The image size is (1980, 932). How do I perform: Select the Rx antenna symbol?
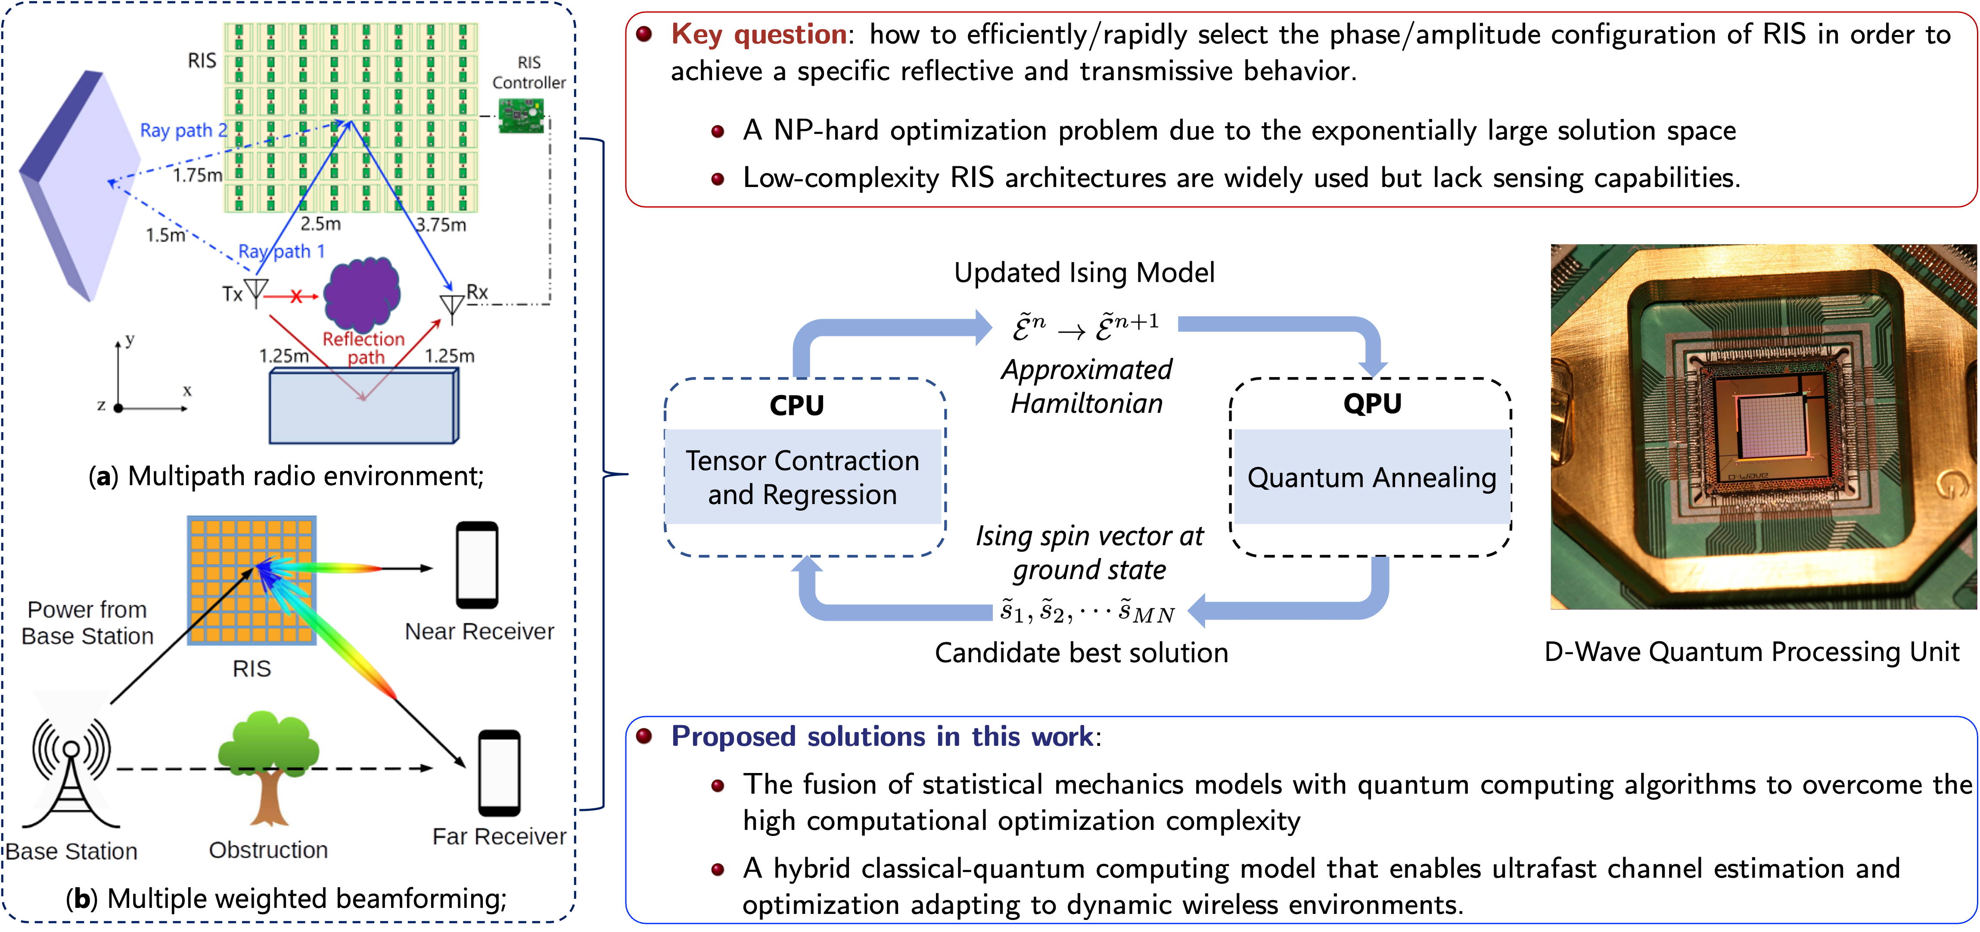click(x=451, y=306)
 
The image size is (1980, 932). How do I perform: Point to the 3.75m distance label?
click(x=441, y=224)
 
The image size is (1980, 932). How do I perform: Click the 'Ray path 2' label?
click(x=183, y=131)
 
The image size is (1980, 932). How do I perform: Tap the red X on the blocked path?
click(x=296, y=296)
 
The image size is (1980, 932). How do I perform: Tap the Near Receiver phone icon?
click(x=477, y=565)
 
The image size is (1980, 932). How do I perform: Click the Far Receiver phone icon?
click(x=500, y=773)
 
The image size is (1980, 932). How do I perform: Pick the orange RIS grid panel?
click(x=252, y=580)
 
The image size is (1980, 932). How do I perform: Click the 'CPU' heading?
click(x=796, y=405)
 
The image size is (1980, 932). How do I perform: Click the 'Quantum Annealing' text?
click(x=1371, y=477)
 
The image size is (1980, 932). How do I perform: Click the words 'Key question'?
click(x=758, y=34)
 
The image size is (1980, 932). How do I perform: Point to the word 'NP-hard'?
click(x=831, y=131)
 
